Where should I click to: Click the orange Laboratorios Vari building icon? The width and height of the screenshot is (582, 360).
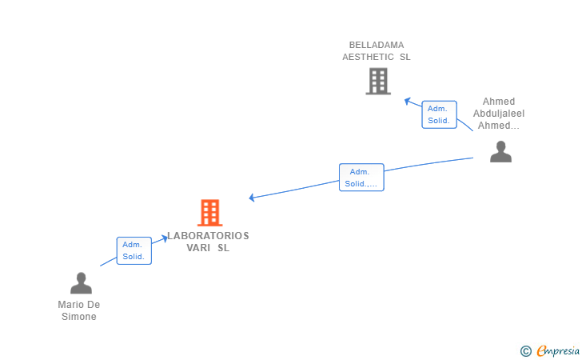[209, 213]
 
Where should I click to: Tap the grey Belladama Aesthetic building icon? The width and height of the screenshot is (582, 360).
[377, 81]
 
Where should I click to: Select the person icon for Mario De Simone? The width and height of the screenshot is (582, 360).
[81, 283]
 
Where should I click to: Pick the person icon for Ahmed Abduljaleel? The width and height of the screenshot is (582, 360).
[500, 151]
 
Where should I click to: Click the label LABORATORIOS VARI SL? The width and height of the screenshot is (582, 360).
[208, 242]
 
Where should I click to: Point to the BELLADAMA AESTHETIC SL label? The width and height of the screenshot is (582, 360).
[376, 51]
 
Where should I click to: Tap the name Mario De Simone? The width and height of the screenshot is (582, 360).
[79, 310]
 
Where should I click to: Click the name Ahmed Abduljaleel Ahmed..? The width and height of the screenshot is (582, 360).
[499, 114]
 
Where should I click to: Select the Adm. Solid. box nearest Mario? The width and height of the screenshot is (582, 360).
[134, 250]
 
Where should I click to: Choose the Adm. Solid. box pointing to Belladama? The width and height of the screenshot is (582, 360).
[439, 114]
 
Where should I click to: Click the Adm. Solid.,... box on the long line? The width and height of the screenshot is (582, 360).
[361, 178]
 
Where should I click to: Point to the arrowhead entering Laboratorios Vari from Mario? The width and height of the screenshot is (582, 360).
[165, 238]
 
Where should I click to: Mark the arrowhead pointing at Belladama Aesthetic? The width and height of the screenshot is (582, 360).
[408, 101]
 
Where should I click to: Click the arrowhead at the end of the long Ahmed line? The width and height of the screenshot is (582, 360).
[252, 198]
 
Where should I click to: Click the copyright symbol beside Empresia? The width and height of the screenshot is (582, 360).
[525, 350]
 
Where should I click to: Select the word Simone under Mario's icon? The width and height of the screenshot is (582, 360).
[79, 317]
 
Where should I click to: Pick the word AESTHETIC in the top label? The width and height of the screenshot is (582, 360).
[368, 57]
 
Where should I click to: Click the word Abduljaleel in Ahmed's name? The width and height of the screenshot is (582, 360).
[499, 114]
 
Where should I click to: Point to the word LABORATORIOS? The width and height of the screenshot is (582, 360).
[208, 236]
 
